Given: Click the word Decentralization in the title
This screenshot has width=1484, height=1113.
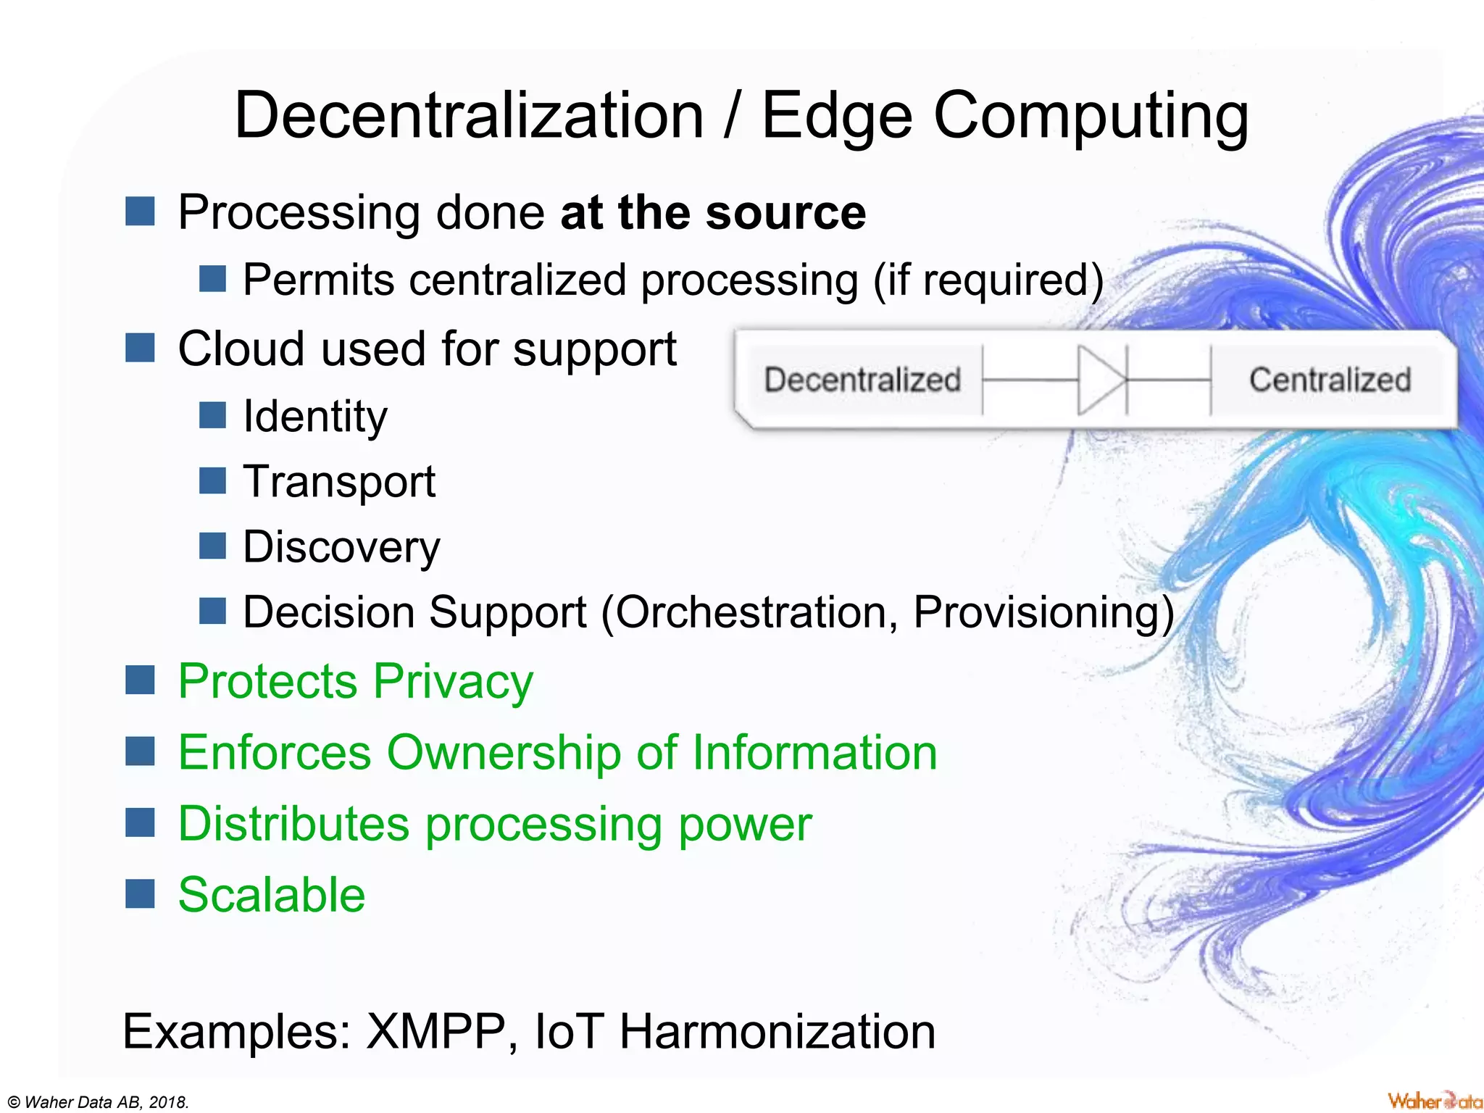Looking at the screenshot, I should [x=469, y=116].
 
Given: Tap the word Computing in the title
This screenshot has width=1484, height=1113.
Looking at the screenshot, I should [x=1091, y=116].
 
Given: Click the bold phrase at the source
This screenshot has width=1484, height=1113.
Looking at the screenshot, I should [x=713, y=212].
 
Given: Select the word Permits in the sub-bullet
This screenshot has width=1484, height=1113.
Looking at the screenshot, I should [x=318, y=280].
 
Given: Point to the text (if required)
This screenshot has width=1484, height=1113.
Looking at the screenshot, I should [x=988, y=280].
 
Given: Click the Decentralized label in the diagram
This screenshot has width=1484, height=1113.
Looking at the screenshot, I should [x=862, y=380].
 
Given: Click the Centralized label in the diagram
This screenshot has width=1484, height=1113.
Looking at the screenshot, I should [x=1330, y=380].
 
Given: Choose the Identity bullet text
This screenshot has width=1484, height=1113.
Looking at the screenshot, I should [x=315, y=417].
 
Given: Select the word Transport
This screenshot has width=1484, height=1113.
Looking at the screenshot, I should [x=339, y=482].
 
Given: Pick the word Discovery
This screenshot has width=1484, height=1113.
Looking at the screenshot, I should [x=341, y=547].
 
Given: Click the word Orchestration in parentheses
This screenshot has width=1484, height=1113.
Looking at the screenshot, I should [x=750, y=612].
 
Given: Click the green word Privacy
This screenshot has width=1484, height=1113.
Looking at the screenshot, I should [x=453, y=681].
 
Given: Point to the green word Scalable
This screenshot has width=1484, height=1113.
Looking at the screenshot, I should [x=272, y=895].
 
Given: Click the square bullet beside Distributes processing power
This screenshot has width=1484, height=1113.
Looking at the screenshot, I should [x=140, y=822].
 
